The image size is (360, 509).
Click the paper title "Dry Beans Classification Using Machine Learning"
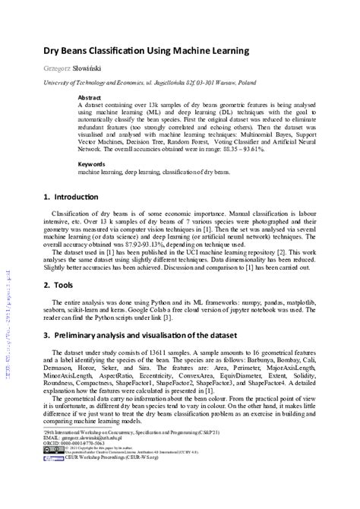click(145, 51)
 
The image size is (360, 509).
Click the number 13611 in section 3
click(146, 353)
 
